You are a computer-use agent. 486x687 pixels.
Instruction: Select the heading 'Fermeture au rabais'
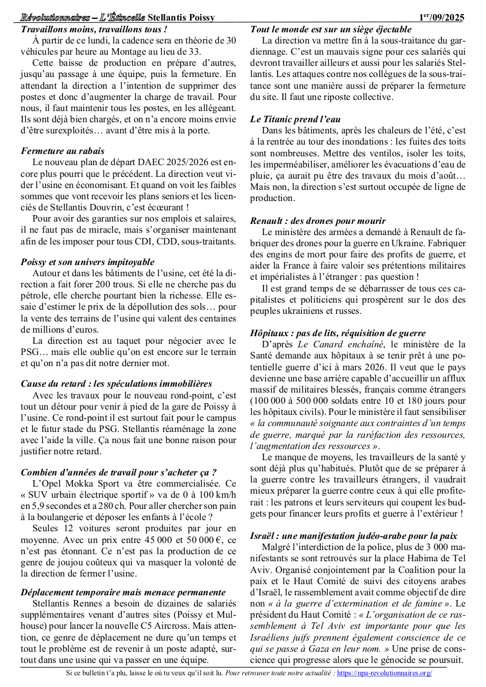(x=63, y=151)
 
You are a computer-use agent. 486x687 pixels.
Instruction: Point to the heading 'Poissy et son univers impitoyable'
(x=88, y=262)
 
